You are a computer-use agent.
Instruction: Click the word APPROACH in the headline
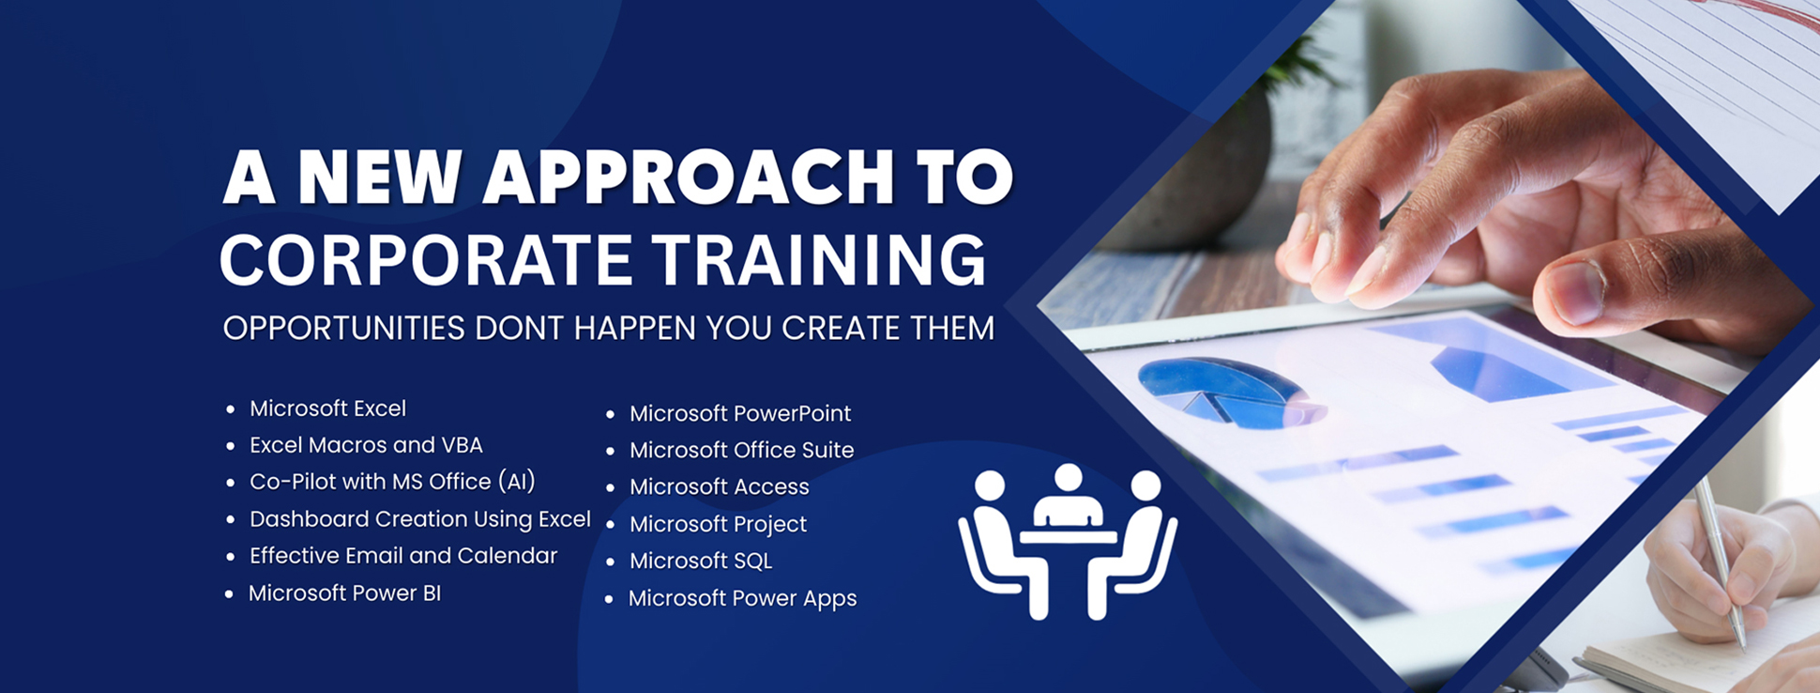(x=688, y=177)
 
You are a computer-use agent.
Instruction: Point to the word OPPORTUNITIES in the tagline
(x=344, y=329)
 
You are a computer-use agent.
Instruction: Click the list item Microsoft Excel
(x=327, y=408)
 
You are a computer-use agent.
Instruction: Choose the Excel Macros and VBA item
(x=366, y=445)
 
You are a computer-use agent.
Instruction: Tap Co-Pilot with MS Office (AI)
(x=392, y=482)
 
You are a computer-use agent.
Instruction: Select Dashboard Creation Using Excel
(x=420, y=519)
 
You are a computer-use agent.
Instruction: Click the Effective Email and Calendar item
(x=403, y=556)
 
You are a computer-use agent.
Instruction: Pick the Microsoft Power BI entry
(x=344, y=593)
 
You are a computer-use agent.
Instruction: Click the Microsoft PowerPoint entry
(x=740, y=413)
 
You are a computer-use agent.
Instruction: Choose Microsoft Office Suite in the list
(x=741, y=450)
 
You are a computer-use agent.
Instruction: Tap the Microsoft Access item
(x=719, y=486)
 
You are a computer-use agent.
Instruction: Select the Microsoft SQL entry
(x=701, y=561)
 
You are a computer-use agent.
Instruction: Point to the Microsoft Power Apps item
(x=742, y=598)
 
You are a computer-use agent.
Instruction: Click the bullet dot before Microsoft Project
(x=610, y=525)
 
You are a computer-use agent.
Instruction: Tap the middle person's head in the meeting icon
(x=1068, y=478)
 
